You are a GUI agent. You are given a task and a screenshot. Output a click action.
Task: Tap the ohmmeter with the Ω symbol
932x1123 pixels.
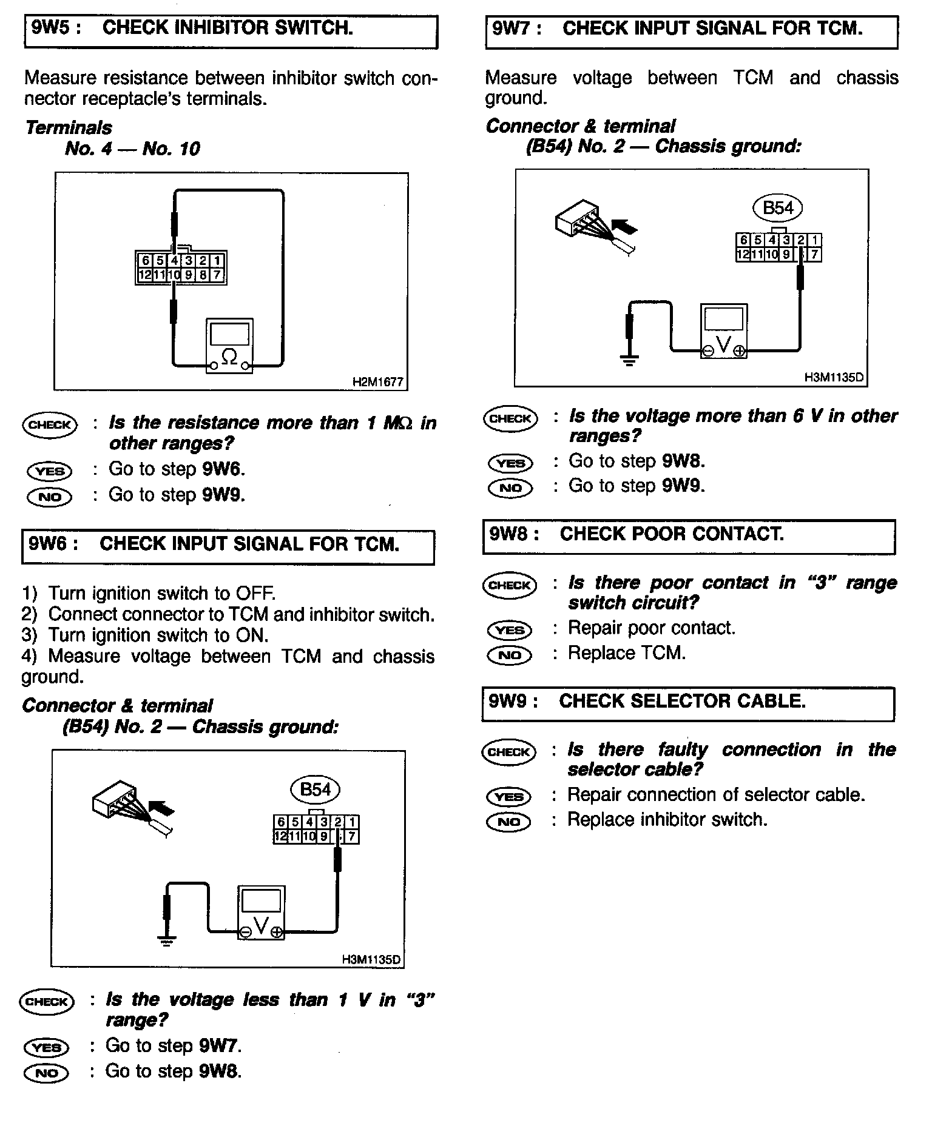229,346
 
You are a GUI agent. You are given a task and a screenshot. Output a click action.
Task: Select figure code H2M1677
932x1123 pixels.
377,382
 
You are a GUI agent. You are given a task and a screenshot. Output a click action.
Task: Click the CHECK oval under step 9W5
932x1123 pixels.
50,424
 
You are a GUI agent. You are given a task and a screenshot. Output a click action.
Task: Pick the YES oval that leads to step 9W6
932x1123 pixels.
50,471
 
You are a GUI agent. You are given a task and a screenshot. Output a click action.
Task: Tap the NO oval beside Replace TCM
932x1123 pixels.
510,655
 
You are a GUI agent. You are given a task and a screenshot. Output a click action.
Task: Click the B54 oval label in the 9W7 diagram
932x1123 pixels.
777,209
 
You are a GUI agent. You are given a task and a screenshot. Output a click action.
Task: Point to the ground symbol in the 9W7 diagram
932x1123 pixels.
629,361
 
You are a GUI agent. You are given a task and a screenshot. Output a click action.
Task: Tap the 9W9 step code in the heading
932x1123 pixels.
513,702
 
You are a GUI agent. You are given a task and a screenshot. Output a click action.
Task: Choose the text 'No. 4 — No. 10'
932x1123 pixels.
132,149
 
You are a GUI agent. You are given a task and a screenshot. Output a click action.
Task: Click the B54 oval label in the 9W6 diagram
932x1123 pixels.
316,789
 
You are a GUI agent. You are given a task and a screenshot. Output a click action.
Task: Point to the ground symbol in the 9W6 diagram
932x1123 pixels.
167,941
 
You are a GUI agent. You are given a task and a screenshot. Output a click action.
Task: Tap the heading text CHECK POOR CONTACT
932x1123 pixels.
671,534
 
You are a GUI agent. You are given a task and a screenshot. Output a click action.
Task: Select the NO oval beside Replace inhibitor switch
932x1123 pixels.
508,822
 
